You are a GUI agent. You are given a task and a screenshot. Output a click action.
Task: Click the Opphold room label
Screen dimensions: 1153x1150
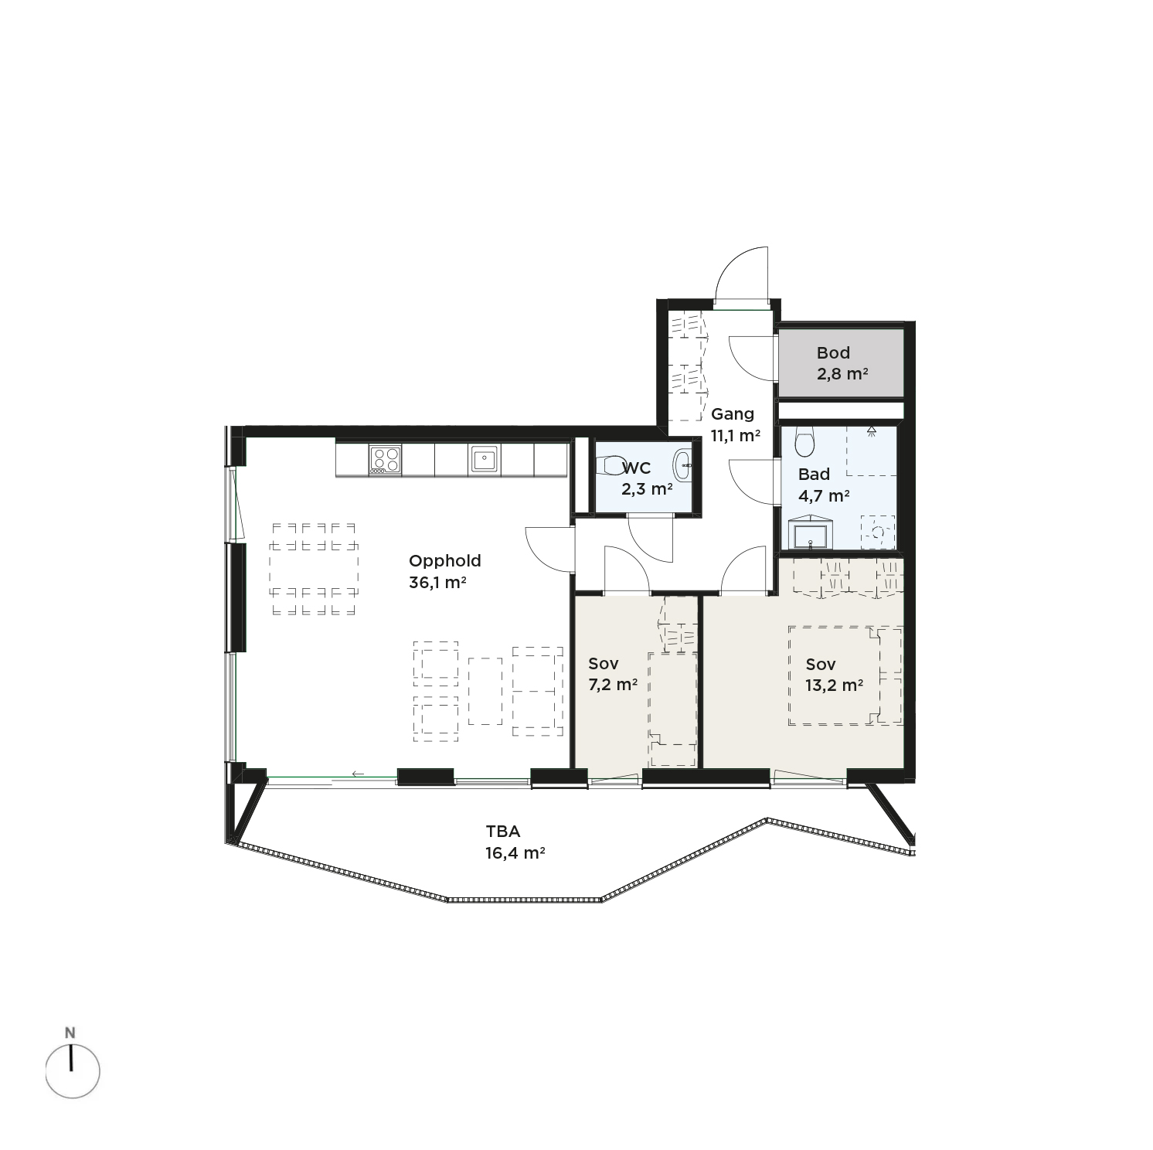[x=444, y=562]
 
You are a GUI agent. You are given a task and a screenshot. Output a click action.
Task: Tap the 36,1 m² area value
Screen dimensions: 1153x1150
[x=437, y=583]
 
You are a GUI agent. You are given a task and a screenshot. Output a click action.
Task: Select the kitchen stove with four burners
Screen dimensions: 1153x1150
[x=386, y=459]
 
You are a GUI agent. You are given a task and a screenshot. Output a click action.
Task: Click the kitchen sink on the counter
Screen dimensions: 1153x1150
[x=484, y=459]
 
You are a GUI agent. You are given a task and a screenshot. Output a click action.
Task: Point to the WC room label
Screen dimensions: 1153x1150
[x=636, y=468]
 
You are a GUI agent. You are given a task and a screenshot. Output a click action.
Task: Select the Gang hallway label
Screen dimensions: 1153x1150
[x=733, y=414]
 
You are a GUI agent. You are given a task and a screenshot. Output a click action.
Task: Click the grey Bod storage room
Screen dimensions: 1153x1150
[x=840, y=363]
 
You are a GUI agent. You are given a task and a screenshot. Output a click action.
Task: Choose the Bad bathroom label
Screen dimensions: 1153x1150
[x=814, y=475]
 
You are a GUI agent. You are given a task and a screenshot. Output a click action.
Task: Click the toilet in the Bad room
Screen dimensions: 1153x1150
[x=804, y=441]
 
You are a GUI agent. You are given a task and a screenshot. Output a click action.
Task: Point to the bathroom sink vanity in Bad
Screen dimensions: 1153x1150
[x=811, y=533]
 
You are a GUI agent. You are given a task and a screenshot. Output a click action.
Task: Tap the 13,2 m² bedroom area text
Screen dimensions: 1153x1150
[x=834, y=686]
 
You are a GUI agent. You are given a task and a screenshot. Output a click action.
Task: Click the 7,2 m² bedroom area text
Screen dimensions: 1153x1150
[x=613, y=684]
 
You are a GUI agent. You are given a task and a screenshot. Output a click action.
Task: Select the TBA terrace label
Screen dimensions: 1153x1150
[x=503, y=832]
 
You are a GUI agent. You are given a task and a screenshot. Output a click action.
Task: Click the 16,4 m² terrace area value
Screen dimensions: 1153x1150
[x=515, y=853]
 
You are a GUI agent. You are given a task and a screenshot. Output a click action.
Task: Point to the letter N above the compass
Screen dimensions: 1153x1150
[x=70, y=1033]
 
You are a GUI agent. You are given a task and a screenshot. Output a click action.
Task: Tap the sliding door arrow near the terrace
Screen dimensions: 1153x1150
[x=358, y=774]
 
